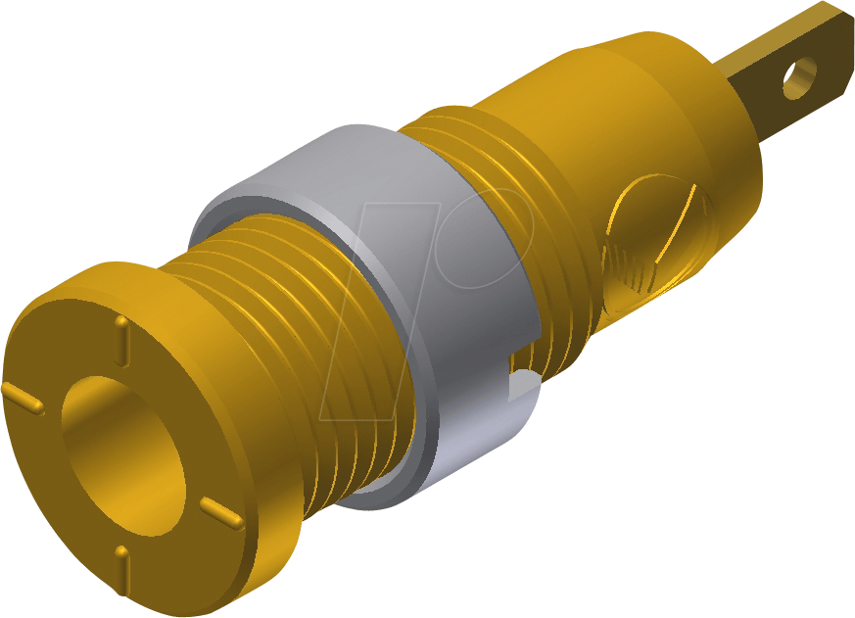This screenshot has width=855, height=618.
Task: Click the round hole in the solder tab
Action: tap(799, 78)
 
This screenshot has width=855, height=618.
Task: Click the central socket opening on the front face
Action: tap(122, 450)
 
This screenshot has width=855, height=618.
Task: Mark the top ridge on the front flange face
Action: tap(122, 336)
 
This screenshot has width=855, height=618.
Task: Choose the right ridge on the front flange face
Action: tap(221, 512)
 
